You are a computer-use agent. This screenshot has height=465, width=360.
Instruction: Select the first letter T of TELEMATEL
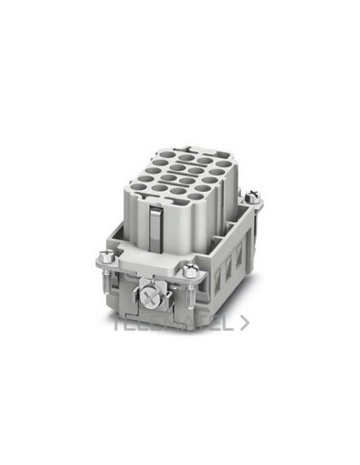[x=118, y=322]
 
